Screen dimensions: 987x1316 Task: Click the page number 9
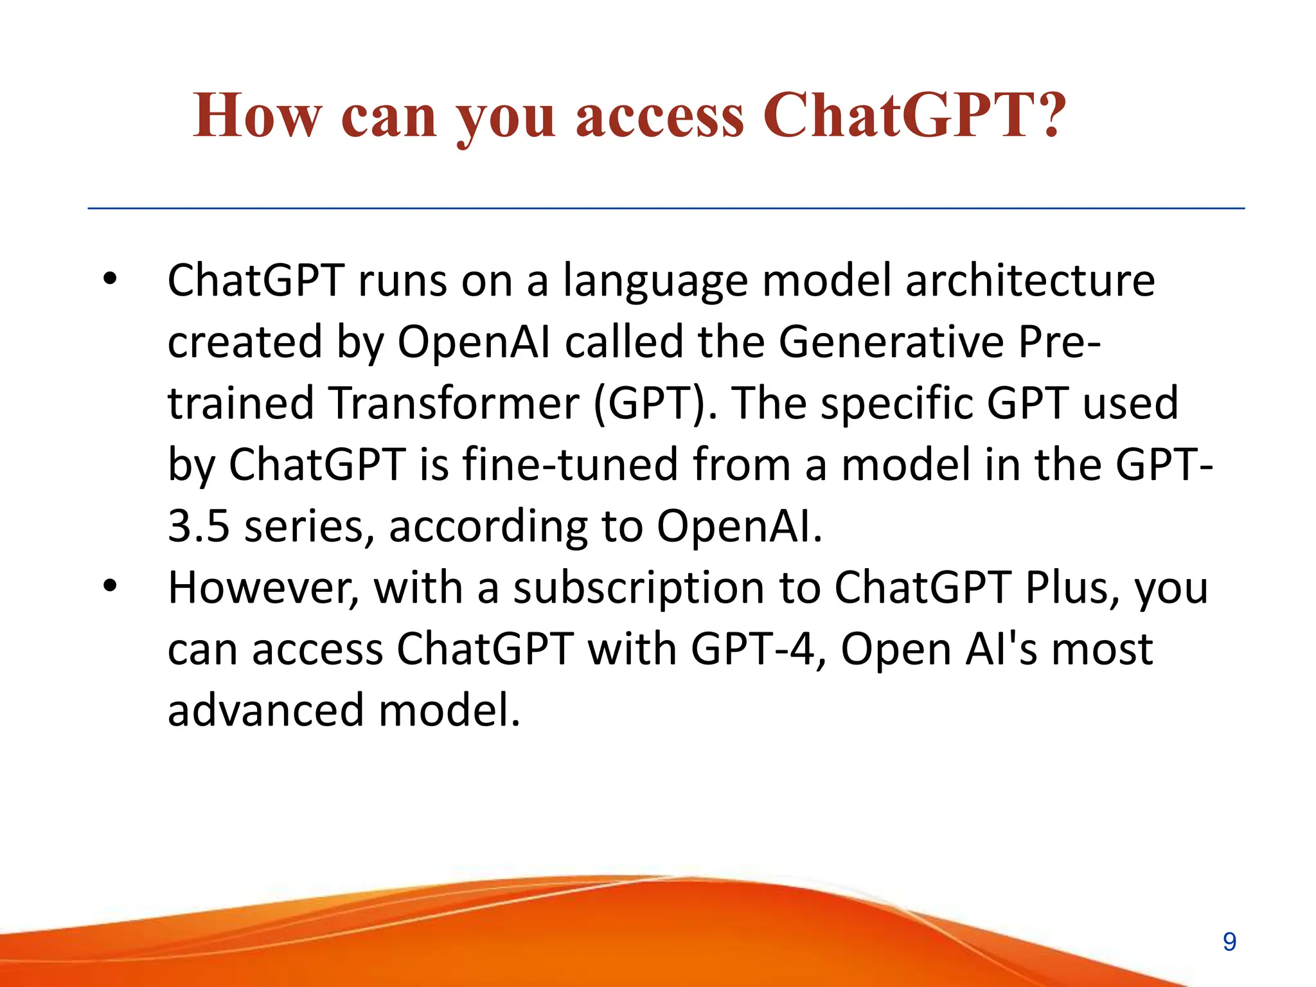(x=1229, y=942)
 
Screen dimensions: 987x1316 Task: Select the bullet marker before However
(x=110, y=586)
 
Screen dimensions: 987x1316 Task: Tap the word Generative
(x=891, y=342)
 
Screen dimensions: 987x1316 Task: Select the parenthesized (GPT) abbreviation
(x=654, y=404)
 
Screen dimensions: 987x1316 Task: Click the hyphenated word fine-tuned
(x=569, y=464)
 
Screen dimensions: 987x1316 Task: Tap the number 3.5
(x=198, y=526)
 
